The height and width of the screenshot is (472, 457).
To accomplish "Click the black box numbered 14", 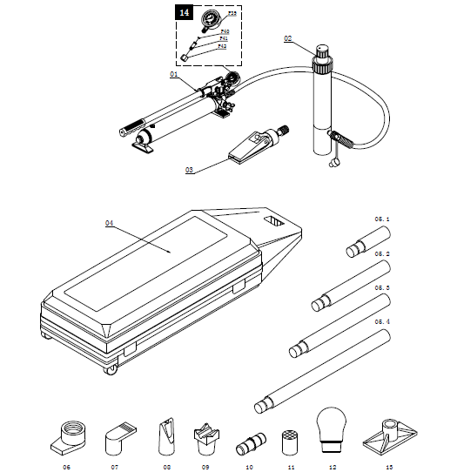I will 184,13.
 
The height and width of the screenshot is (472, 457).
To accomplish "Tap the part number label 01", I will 173,75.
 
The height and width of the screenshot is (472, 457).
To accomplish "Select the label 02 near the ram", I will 289,38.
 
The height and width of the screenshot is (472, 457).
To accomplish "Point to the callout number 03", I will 189,171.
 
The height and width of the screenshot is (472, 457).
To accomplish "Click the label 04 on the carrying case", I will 110,223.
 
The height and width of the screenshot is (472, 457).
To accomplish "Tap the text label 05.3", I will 382,287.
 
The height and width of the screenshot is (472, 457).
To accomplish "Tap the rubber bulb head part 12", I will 330,428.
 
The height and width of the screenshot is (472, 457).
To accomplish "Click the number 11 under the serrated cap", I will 291,467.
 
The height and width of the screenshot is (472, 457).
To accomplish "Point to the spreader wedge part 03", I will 252,145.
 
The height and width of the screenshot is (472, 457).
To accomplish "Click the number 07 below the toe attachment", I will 115,467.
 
